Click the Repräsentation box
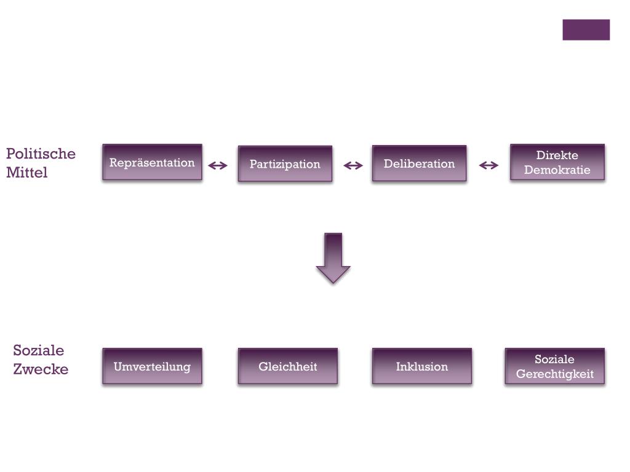coord(152,162)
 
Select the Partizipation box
coord(285,164)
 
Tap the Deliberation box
coord(419,163)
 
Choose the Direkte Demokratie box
coord(557,162)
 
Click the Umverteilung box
coord(152,366)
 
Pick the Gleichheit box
coord(288,366)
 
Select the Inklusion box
coord(421,366)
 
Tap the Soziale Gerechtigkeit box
coord(554,366)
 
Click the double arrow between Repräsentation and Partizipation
coord(218,165)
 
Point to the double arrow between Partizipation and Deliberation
coord(353,165)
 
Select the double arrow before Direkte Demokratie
coord(488,165)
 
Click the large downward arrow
coord(333,258)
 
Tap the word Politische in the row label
coord(41,154)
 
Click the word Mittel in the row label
coord(26,173)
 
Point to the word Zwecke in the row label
coord(41,369)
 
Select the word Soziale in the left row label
coord(38,350)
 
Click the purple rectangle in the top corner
coord(586,29)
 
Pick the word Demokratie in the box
coord(557,170)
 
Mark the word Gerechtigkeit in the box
coord(554,374)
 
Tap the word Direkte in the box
coord(557,155)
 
